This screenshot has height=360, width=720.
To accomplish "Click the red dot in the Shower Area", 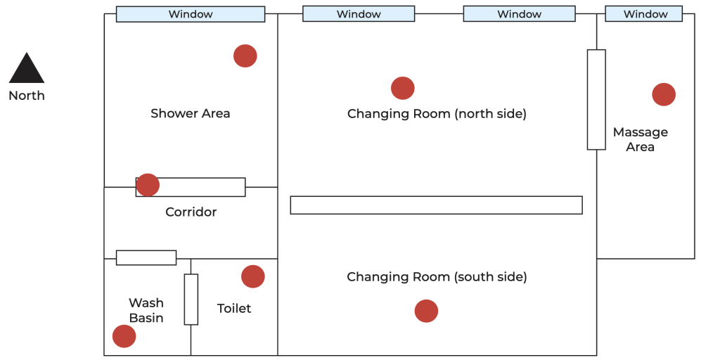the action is pos(245,56).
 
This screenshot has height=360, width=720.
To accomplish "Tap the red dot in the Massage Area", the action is pos(664,95).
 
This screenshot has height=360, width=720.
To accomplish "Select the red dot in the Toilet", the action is pos(253,276).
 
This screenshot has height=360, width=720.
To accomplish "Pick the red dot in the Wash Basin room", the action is pos(124,336).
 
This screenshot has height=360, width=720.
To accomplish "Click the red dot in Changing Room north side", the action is pos(403,88).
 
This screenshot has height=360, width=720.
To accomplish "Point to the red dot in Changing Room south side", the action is pos(426,311).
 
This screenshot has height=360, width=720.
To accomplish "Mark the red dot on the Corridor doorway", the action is pos(148,185).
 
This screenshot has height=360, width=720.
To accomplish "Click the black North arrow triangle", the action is pos(27,68).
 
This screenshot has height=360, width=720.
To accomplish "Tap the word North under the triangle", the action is pos(27,96).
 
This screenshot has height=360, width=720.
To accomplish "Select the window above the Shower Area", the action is pos(191,14).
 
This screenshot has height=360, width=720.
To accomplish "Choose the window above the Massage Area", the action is pos(644,14).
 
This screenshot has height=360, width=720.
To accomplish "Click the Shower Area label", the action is pos(190,113).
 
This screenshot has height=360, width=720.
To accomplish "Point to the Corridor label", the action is pos(191,212).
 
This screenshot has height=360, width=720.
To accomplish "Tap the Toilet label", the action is pos(234,308).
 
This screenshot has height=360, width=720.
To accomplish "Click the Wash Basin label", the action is pos(146,310).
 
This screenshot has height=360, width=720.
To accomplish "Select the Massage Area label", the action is pos(641,140).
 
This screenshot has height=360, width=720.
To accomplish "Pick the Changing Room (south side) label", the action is pos(437,277).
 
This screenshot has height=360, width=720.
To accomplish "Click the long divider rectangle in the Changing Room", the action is pos(436,205).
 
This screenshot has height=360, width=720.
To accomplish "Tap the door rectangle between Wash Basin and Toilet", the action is pos(191,300).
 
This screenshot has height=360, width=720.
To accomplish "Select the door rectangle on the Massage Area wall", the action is pos(596,100).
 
